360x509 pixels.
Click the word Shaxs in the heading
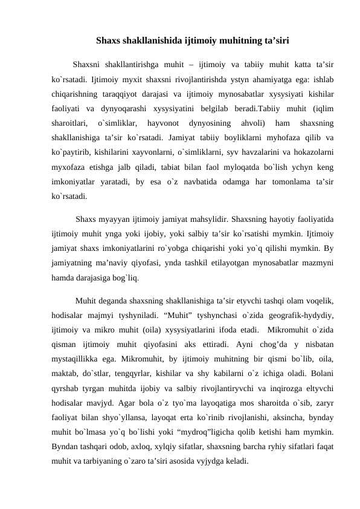[x=108, y=42]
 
